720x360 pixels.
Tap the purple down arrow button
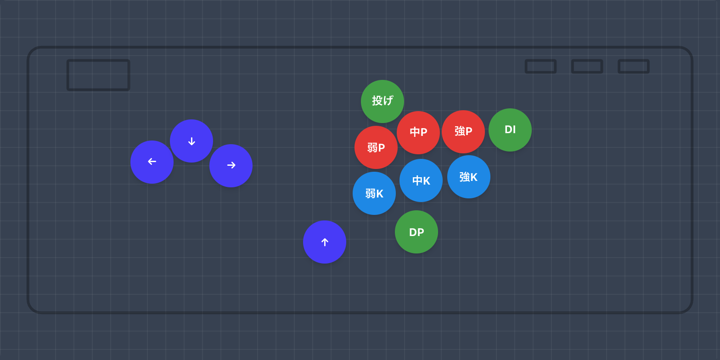click(x=191, y=141)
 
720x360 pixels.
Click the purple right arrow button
click(x=231, y=166)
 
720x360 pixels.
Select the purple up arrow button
click(x=325, y=242)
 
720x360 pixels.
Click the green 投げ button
click(x=382, y=101)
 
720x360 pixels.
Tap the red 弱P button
click(x=376, y=147)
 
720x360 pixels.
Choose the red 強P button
click(x=463, y=132)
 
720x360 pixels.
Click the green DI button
click(x=510, y=130)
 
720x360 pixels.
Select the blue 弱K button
click(x=374, y=193)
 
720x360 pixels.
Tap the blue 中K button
click(x=421, y=180)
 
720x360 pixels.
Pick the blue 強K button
click(x=469, y=177)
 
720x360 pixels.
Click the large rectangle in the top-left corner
click(x=98, y=75)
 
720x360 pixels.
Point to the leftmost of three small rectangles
click(x=540, y=66)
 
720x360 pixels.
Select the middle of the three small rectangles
click(x=587, y=66)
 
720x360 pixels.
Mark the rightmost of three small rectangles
click(x=633, y=66)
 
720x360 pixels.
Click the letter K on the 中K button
click(x=427, y=181)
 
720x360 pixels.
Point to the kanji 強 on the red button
click(x=460, y=131)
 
